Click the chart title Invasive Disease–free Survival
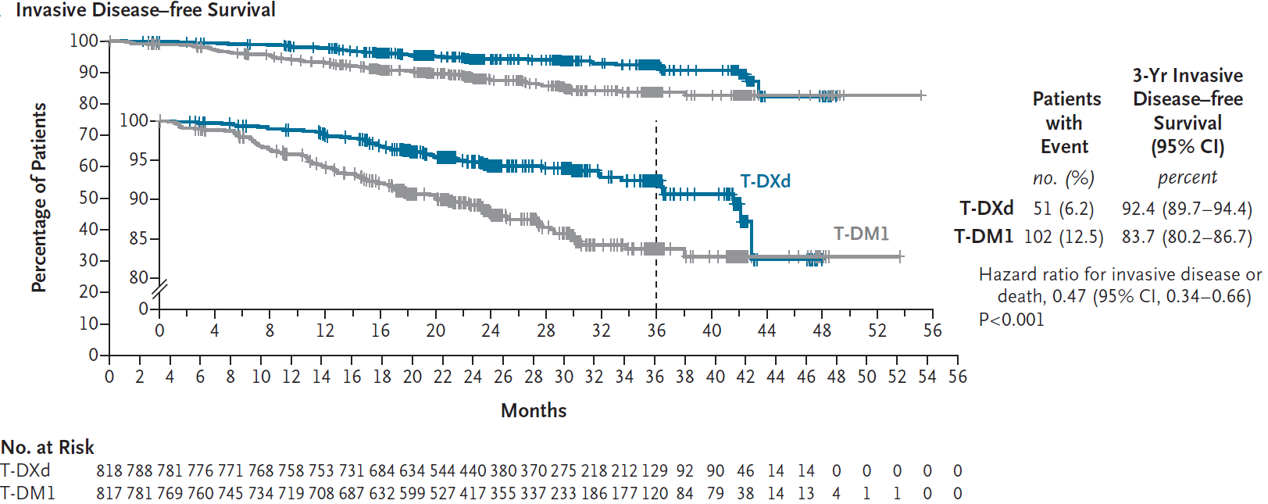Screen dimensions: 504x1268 coord(145,10)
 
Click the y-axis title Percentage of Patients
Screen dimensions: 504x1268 coord(39,198)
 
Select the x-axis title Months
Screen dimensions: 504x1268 coord(534,410)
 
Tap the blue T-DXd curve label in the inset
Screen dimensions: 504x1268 coord(765,181)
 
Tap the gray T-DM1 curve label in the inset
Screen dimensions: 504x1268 coord(861,234)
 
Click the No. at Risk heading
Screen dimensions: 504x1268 coord(48,447)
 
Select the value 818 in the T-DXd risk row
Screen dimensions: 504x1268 coord(109,471)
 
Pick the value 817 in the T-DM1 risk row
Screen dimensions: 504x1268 coord(109,494)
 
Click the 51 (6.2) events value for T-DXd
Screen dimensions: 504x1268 coord(1063,209)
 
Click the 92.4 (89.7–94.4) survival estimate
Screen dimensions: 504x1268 coord(1187,209)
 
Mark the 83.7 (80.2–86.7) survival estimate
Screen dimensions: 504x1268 coord(1187,237)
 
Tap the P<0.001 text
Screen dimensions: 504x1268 coord(1011,320)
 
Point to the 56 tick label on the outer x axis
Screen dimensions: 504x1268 coord(958,377)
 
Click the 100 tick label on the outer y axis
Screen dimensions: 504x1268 coord(84,41)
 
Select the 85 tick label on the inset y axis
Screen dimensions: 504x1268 coord(138,238)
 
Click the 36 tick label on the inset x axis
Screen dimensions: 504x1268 coord(656,331)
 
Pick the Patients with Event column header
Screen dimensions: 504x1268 coord(1066,123)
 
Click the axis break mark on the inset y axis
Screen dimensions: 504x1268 coord(159,291)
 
